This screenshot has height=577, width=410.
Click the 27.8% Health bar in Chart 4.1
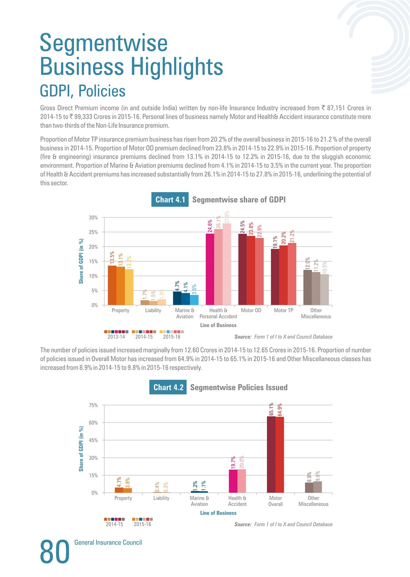[227, 264]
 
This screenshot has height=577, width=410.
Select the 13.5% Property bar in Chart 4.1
[112, 286]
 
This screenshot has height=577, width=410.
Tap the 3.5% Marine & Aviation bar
[194, 300]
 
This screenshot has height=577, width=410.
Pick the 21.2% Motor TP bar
[292, 274]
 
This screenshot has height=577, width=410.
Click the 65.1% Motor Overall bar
[271, 455]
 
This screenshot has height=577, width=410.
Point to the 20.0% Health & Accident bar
[241, 481]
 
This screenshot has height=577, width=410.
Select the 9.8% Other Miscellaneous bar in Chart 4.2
[317, 487]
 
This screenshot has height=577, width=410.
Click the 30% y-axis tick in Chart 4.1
[93, 218]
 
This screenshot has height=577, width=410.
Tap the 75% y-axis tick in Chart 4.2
[93, 405]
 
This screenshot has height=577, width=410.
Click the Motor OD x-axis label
[251, 310]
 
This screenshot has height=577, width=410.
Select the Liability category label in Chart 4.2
[161, 498]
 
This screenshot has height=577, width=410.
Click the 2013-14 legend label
[116, 337]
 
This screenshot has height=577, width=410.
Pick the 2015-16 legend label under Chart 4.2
[143, 524]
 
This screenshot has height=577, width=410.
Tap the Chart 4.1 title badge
[170, 199]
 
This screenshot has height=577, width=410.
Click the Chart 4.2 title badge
[168, 387]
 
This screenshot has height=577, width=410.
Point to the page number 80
[55, 552]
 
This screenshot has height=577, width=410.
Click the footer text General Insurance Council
[108, 543]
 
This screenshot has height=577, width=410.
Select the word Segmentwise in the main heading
[104, 43]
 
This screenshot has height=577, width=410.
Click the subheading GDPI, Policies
[83, 91]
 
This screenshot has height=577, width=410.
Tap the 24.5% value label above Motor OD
[242, 227]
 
